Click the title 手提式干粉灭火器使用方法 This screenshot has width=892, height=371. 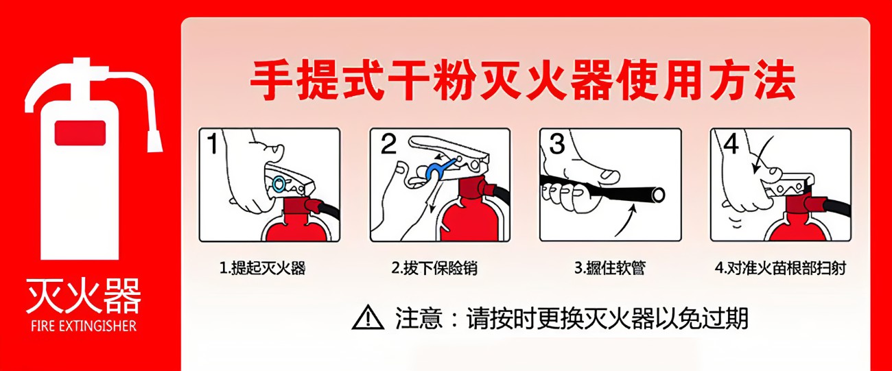522,81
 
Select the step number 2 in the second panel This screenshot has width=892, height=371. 388,145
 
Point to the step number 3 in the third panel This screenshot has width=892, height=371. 557,145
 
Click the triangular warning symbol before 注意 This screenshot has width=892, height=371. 368,318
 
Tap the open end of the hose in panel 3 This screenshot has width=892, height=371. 658,195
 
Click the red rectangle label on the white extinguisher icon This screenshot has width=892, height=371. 80,132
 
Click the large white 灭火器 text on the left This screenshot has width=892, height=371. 83,296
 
